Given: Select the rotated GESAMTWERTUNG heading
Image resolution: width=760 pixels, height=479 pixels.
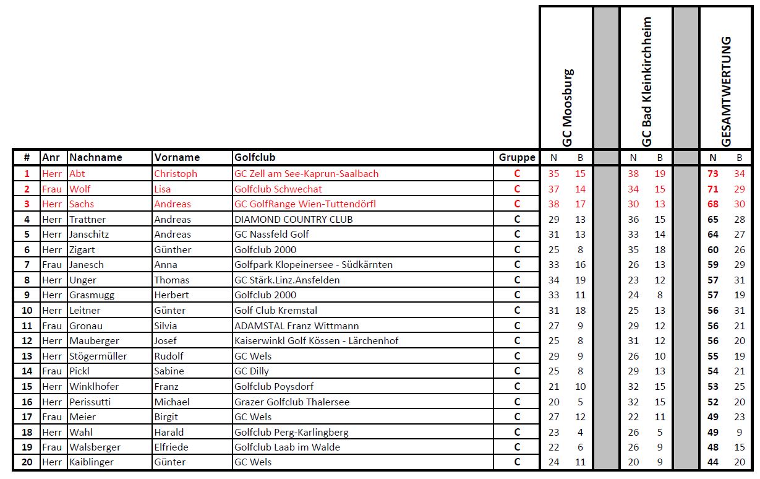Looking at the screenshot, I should [x=727, y=91].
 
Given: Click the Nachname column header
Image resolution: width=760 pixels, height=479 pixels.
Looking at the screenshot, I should [x=96, y=157].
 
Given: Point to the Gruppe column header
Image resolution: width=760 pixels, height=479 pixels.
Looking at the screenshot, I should [x=517, y=157].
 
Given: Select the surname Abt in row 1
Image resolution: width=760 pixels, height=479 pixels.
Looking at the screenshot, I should [x=77, y=174].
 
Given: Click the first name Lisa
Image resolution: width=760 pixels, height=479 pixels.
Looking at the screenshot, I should [x=163, y=189].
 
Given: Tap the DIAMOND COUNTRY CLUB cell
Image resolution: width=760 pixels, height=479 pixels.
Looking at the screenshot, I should [x=294, y=219].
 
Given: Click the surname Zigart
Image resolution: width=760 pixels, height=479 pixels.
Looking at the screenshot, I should [x=82, y=249].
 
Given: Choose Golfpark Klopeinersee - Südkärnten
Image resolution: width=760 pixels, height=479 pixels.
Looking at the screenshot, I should [x=314, y=265].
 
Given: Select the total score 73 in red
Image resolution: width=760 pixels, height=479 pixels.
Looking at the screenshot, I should [x=713, y=174].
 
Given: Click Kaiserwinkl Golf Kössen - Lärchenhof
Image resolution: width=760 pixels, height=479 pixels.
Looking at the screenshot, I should [x=317, y=340].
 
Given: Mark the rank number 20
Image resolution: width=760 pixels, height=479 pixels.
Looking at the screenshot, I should [x=27, y=462].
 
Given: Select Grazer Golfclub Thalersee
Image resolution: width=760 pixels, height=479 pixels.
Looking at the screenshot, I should [x=292, y=402].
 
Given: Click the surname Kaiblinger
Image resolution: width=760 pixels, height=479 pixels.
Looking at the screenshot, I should [x=92, y=462].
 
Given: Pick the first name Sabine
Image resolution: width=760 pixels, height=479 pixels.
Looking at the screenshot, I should [x=169, y=371].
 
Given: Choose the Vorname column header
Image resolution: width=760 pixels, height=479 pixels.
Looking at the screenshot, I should [x=177, y=157].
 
